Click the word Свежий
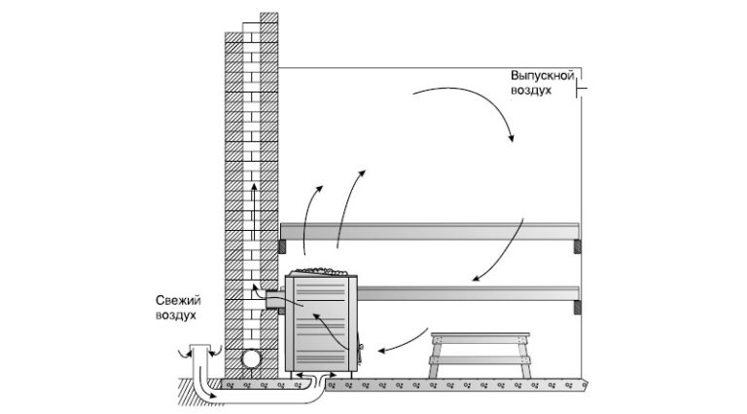178,301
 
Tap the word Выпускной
542,76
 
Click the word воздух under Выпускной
531,91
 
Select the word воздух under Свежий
176,316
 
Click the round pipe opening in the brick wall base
251,359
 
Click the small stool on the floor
480,356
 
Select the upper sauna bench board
430,231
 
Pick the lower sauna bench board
468,293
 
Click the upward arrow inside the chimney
254,212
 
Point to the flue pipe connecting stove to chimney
275,300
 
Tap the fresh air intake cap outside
199,346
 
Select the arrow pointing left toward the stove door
404,342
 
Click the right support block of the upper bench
578,246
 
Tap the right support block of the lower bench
578,307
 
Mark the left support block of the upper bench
282,246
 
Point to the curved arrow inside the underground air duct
209,387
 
